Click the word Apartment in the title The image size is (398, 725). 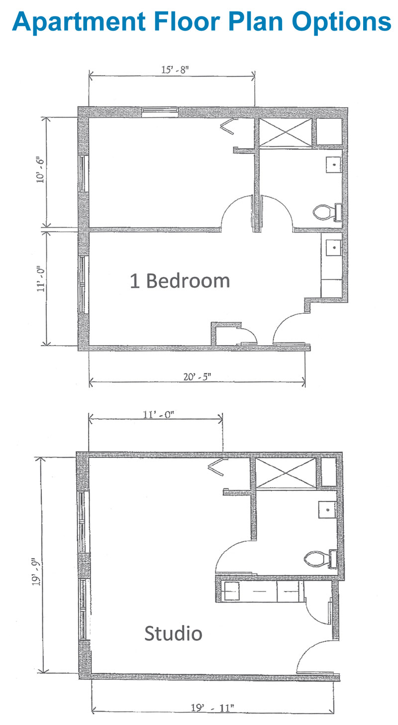point(79,22)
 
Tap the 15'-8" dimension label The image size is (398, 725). point(175,70)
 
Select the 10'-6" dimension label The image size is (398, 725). point(40,170)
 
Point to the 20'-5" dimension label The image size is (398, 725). point(197,377)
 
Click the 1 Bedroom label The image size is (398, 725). point(180,281)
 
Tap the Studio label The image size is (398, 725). point(173,633)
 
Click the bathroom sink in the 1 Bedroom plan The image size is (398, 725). point(334,165)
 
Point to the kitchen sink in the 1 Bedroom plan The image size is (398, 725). point(334,247)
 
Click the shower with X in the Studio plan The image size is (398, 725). point(286,473)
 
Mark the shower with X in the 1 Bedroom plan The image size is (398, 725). point(286,132)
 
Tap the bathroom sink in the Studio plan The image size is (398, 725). point(327,510)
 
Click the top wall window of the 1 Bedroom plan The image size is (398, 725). point(160,111)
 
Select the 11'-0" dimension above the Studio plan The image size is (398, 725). point(158,415)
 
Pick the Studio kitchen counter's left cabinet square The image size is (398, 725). point(232,591)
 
